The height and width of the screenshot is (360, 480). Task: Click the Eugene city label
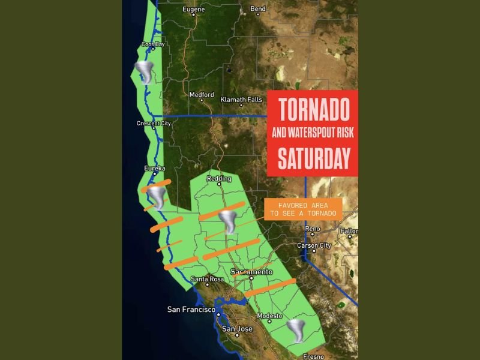(x=193, y=9)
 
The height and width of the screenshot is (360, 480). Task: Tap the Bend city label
(x=258, y=9)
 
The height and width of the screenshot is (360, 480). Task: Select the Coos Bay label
(x=152, y=44)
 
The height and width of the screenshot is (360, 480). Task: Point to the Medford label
(x=201, y=95)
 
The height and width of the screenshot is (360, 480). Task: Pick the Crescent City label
(x=154, y=124)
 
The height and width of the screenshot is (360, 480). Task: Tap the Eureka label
(x=155, y=169)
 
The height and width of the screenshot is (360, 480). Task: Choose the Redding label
(x=219, y=179)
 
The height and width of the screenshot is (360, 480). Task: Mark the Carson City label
(x=314, y=245)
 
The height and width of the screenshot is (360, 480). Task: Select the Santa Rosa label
(x=207, y=279)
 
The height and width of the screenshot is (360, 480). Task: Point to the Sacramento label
(x=251, y=272)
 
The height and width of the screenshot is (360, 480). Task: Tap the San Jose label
(x=237, y=329)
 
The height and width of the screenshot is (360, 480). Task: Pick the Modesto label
(x=269, y=316)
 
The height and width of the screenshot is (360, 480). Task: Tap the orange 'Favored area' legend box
(x=303, y=209)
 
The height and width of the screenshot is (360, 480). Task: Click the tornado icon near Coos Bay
(x=145, y=72)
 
